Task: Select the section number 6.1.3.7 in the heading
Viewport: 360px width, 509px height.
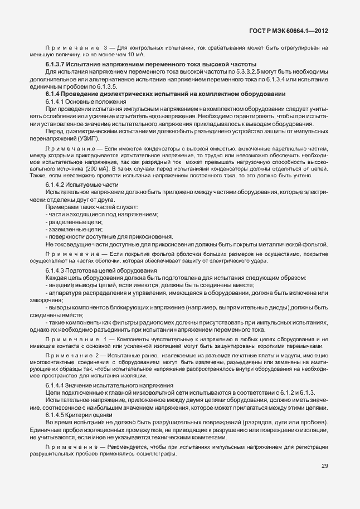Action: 57,65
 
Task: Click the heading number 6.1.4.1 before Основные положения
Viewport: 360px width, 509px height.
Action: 56,101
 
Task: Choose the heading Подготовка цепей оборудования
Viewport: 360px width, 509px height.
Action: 104,270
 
